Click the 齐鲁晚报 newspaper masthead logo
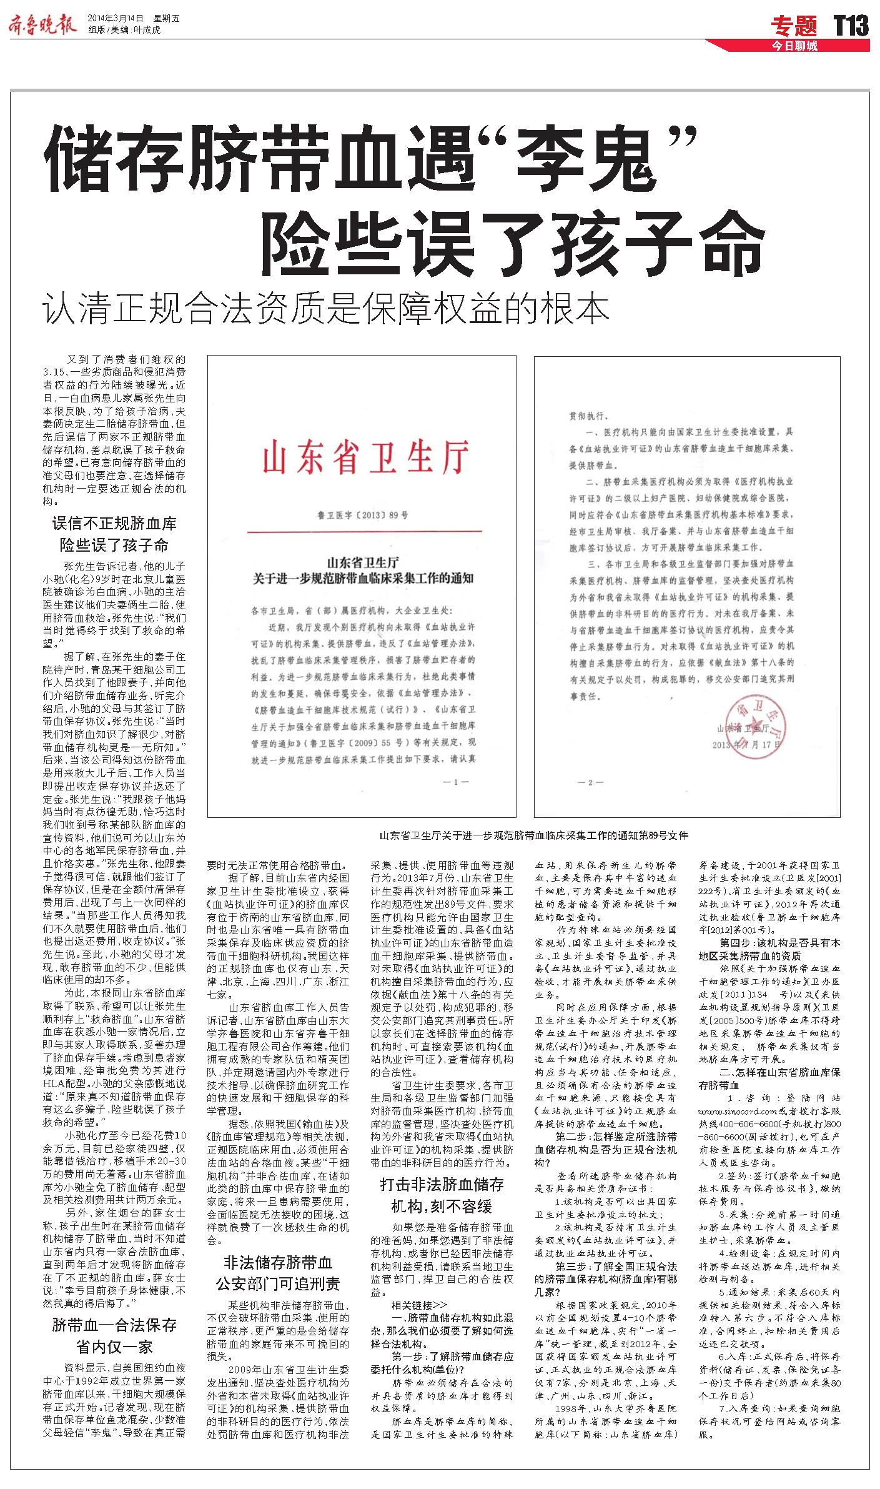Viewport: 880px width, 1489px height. coord(42,24)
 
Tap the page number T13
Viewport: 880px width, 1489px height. coord(851,26)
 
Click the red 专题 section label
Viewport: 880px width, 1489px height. coord(794,26)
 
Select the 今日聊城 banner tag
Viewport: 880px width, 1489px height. coord(794,46)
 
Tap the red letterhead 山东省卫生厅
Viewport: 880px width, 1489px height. coord(365,458)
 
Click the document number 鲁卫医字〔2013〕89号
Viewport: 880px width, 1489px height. coord(362,515)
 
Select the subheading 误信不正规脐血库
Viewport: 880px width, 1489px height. coord(114,523)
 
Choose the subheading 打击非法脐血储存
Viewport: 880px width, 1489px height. coord(442,1184)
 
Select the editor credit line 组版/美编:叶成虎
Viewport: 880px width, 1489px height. coord(124,30)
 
